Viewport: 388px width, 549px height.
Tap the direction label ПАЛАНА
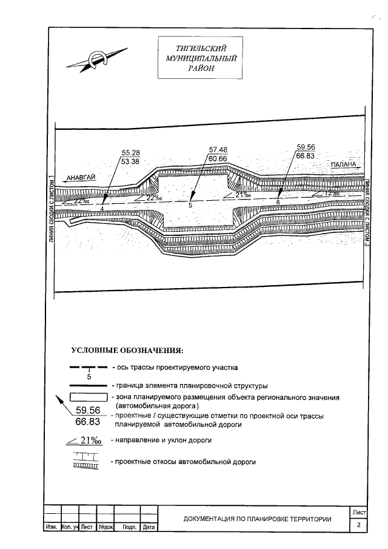pos(343,164)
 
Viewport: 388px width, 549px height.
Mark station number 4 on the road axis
pos(102,209)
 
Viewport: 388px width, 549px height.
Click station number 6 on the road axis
pos(278,202)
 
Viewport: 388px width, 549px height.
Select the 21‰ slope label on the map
pos(243,195)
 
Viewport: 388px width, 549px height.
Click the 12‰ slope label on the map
pos(332,193)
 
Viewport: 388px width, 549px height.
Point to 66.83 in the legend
pos(87,422)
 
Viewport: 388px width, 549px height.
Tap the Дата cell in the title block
pos(149,527)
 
